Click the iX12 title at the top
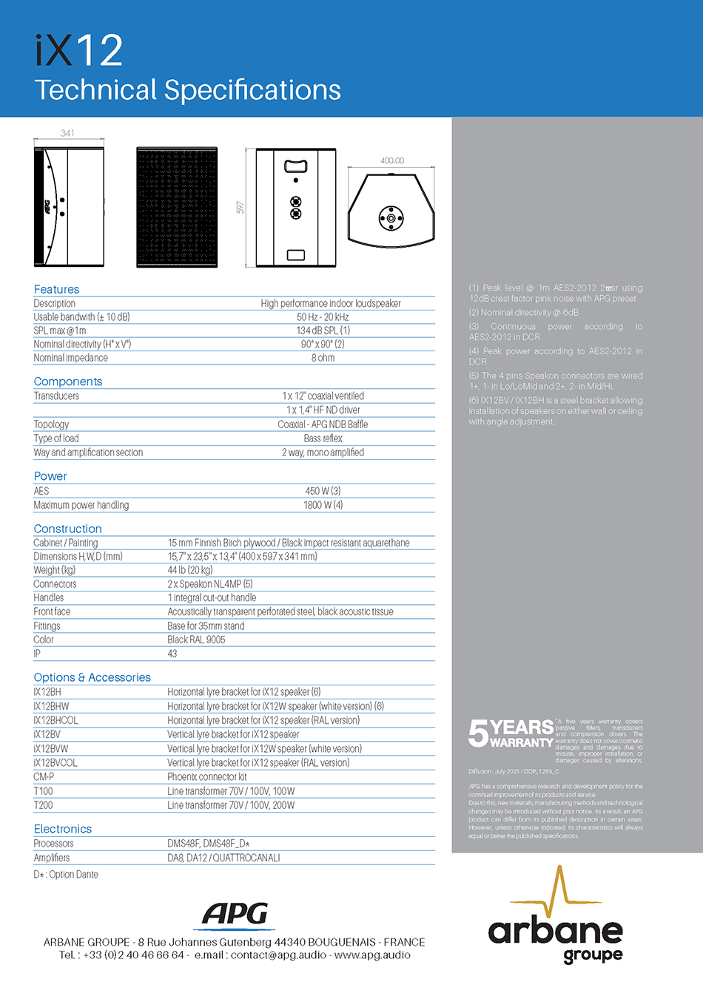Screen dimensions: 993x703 (78, 50)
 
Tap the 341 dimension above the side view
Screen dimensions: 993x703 (67, 133)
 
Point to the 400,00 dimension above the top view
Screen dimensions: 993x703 (392, 160)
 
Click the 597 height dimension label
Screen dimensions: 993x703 (240, 208)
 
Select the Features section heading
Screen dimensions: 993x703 (56, 289)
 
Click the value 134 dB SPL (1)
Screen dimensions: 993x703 (323, 331)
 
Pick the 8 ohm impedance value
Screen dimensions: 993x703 (323, 358)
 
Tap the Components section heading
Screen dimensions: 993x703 (68, 382)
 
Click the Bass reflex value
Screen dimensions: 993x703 (323, 438)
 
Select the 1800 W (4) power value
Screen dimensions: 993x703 (323, 505)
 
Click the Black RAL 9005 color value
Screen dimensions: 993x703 (196, 640)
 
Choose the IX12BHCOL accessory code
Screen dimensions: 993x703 (55, 720)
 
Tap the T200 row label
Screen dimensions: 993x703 (43, 805)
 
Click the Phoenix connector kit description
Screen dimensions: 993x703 (207, 777)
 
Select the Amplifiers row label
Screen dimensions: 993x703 (52, 858)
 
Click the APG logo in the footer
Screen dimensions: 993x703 (235, 915)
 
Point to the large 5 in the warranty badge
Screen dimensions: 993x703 (478, 733)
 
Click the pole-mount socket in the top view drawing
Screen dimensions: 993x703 (391, 217)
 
